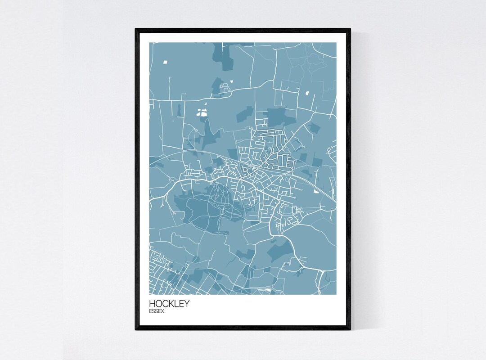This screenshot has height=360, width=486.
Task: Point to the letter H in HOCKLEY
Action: [152, 303]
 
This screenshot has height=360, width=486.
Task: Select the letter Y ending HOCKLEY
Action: [187, 303]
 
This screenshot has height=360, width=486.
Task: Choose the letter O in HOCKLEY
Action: [158, 303]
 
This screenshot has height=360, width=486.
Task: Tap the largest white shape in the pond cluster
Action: [203, 114]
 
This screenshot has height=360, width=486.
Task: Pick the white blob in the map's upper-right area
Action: [308, 93]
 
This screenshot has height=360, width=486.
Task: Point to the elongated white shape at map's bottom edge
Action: [268, 291]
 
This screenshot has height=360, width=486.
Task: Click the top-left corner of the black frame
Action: [136, 29]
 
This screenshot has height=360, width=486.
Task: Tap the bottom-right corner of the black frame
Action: [350, 329]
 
